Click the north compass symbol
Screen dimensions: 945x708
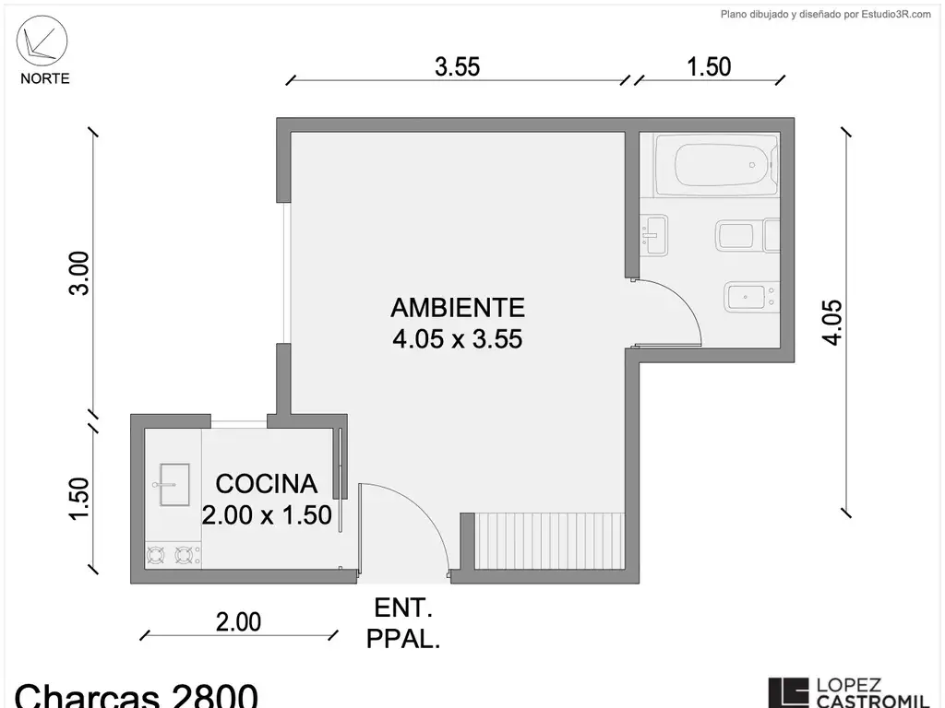coord(42,41)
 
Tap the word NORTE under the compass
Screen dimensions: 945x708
coord(44,79)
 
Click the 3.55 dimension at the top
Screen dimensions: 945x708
coord(458,66)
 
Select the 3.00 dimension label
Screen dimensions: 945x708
coord(79,273)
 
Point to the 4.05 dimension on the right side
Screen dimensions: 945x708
coord(832,322)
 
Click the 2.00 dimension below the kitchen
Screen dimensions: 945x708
coord(239,622)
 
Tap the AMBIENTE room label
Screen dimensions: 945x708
coord(458,308)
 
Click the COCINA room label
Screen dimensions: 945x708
coord(267,484)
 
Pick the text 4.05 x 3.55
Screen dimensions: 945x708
coord(458,339)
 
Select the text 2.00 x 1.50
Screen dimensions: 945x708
coord(267,515)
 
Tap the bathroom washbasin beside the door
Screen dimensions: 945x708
coord(654,235)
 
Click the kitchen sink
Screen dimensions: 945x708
coord(174,485)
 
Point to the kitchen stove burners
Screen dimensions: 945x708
coord(173,555)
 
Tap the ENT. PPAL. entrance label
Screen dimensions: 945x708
coord(403,623)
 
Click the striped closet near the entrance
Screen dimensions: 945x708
coord(550,540)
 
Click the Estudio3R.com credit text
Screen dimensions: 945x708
coord(826,15)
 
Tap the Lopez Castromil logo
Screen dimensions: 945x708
coord(850,692)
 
